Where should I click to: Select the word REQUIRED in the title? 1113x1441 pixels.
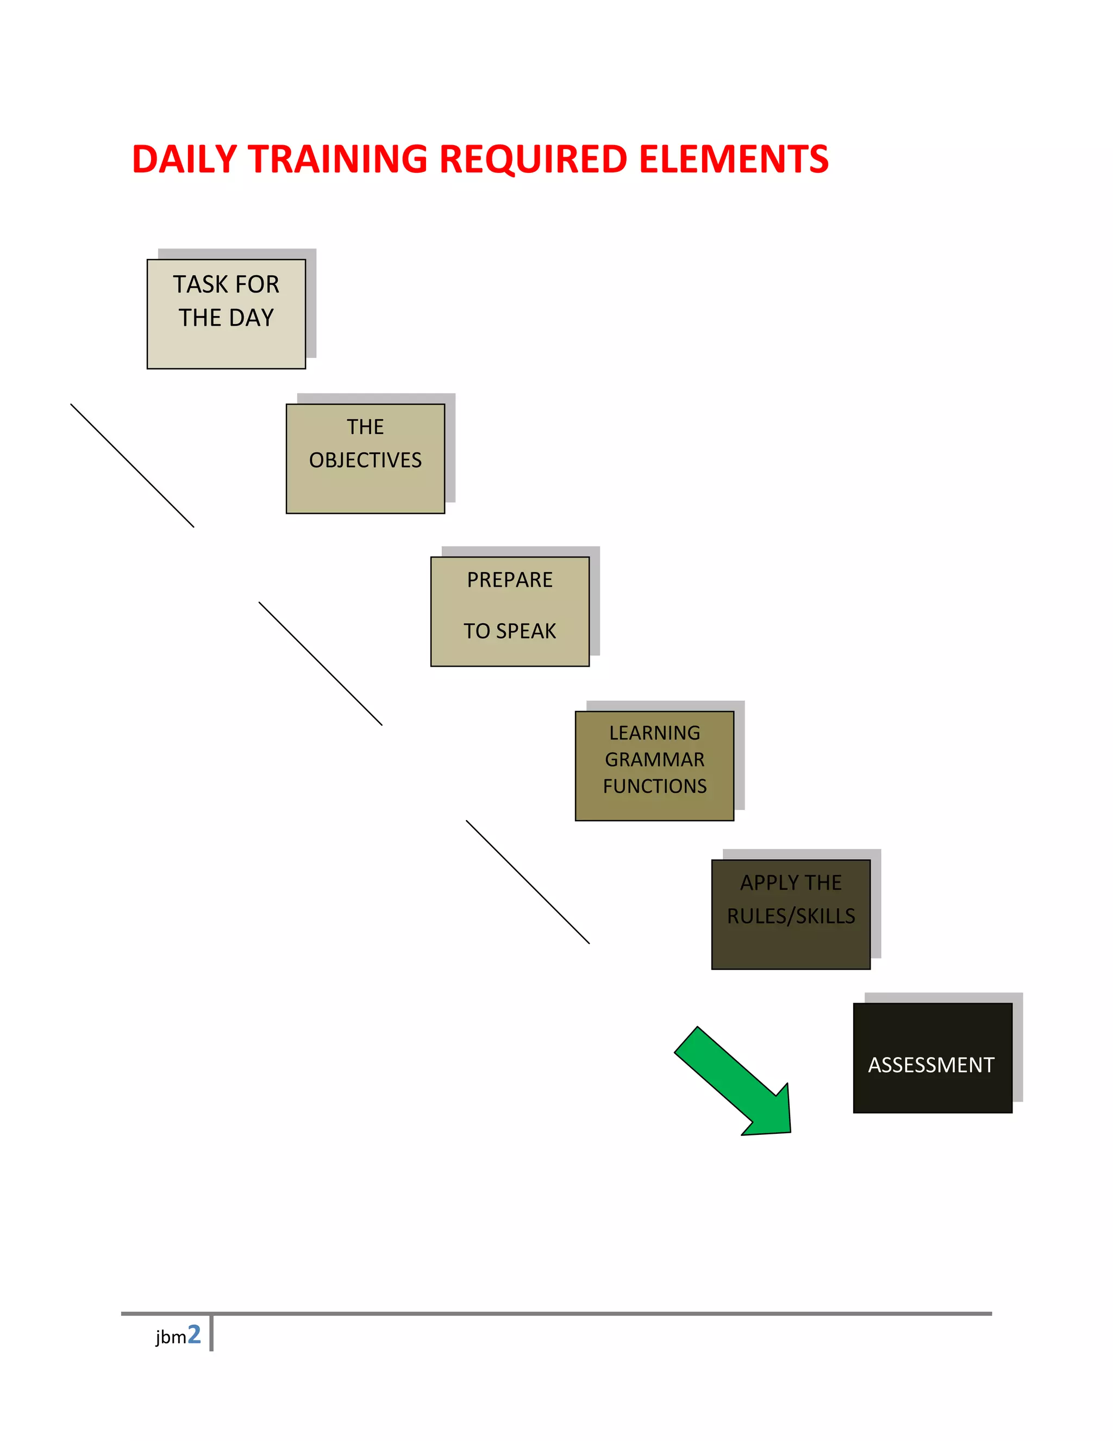(533, 160)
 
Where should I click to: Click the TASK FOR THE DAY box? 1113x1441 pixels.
(226, 314)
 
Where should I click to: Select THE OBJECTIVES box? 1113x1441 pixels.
(365, 458)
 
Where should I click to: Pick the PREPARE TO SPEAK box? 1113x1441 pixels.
(510, 612)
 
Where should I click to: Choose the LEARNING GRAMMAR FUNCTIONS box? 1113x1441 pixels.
(654, 766)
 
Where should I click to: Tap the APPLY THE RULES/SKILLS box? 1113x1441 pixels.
(791, 914)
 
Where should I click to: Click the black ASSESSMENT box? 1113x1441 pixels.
(933, 1058)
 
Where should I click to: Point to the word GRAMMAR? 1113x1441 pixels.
(654, 760)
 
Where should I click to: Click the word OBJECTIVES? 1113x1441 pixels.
(365, 460)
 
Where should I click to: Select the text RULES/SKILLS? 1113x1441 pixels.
(791, 916)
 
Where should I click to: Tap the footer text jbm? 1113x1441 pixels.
(171, 1338)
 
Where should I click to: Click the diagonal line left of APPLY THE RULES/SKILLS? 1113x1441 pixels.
(528, 881)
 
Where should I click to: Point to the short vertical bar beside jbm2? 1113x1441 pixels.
(211, 1333)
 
